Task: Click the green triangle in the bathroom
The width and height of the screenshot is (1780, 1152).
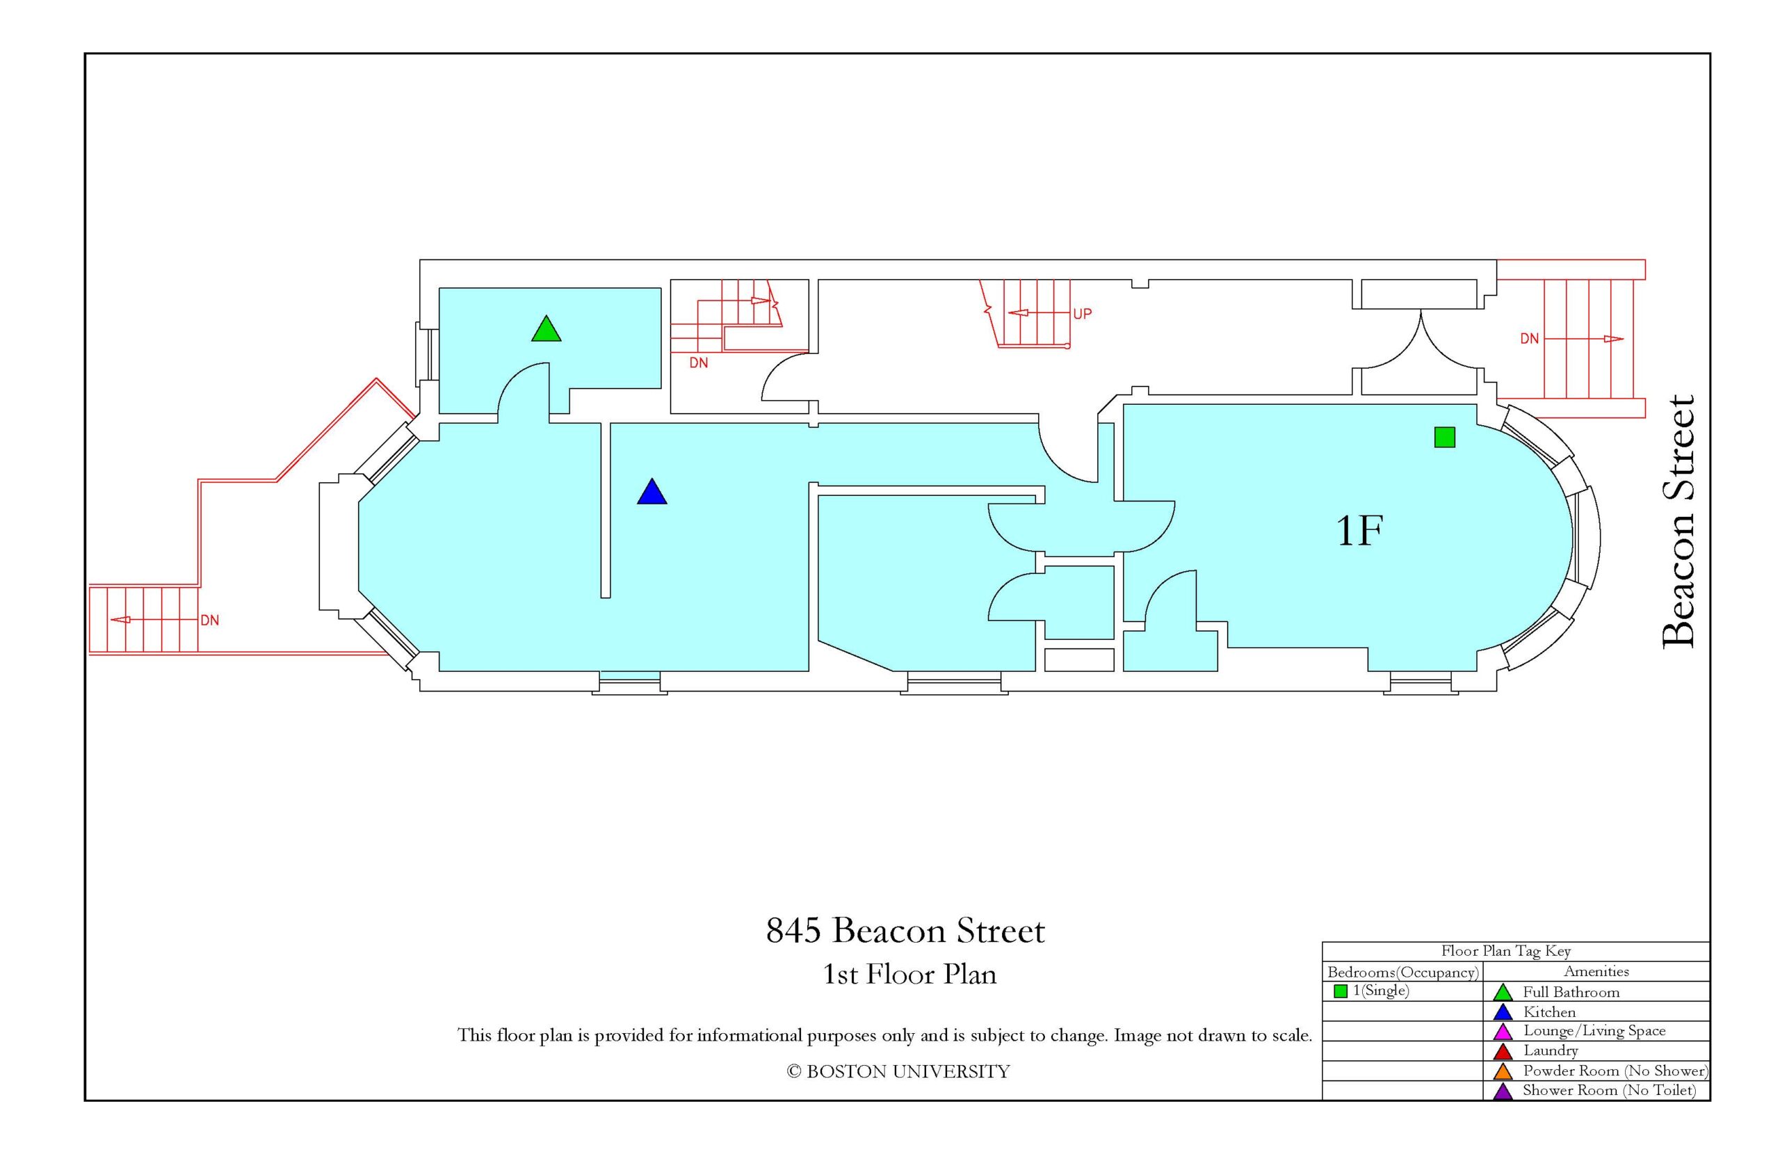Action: pyautogui.click(x=546, y=330)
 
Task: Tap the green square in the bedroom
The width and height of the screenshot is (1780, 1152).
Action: pyautogui.click(x=1443, y=438)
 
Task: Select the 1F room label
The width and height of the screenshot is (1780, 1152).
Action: pyautogui.click(x=1359, y=531)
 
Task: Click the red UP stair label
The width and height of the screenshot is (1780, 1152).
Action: pyautogui.click(x=1082, y=314)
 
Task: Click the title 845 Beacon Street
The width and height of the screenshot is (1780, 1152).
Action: pyautogui.click(x=905, y=931)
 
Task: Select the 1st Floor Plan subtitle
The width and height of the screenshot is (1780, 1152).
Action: pyautogui.click(x=909, y=975)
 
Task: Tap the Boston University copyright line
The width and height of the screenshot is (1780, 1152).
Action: pyautogui.click(x=897, y=1072)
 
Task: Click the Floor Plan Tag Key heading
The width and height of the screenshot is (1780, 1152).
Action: pyautogui.click(x=1505, y=952)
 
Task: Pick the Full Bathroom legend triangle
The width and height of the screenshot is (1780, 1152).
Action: pyautogui.click(x=1502, y=993)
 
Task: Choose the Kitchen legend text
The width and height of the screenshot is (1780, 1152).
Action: pyautogui.click(x=1549, y=1012)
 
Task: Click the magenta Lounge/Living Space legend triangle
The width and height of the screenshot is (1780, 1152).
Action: pyautogui.click(x=1502, y=1032)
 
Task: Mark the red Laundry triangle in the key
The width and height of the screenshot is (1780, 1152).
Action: pyautogui.click(x=1502, y=1052)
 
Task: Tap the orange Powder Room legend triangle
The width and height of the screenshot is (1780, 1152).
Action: pyautogui.click(x=1502, y=1071)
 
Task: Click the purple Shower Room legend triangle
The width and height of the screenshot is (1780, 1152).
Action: pyautogui.click(x=1502, y=1091)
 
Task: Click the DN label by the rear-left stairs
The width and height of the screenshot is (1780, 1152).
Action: pyautogui.click(x=209, y=620)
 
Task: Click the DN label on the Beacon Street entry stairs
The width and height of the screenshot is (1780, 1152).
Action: pyautogui.click(x=1529, y=339)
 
